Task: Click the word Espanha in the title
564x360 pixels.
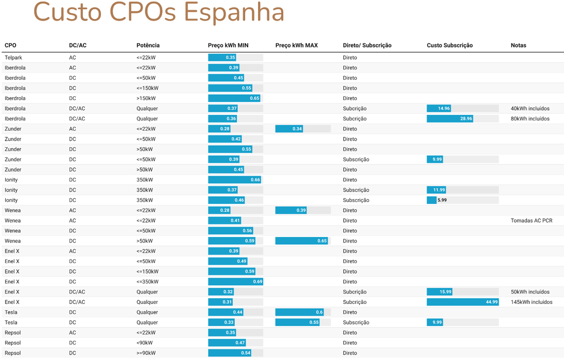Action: [x=234, y=13]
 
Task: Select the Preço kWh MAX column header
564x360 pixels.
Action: [x=296, y=45]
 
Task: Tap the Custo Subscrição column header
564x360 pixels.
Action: [x=449, y=45]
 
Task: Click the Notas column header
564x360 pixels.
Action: [x=518, y=45]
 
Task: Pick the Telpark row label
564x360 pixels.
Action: [x=13, y=58]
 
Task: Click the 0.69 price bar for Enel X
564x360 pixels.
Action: [x=235, y=282]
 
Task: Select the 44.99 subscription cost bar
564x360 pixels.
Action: [x=463, y=302]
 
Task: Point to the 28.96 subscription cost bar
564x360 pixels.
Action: [x=450, y=119]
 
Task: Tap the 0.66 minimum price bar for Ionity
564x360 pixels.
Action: [x=234, y=180]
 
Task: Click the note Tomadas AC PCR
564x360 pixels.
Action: [x=531, y=221]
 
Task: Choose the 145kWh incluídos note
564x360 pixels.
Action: [x=531, y=302]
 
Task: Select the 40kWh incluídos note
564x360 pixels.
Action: [x=529, y=109]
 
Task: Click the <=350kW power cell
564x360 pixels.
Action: [x=147, y=282]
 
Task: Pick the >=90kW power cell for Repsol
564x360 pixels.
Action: [x=146, y=353]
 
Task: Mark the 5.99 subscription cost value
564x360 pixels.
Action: [x=441, y=200]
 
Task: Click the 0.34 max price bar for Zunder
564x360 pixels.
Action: [x=289, y=129]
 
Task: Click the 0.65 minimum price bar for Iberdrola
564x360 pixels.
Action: [x=234, y=98]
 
